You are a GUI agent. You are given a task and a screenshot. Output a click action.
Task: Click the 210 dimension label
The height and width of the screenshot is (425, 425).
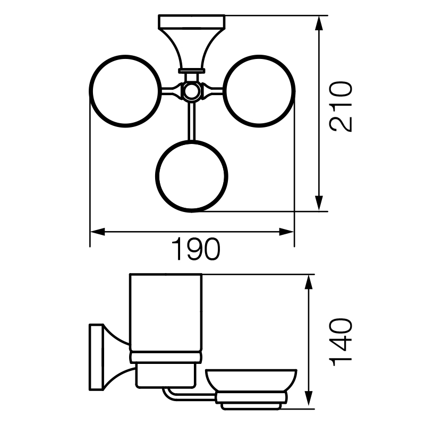(341, 107)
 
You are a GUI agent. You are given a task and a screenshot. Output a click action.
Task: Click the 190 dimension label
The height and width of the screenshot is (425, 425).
(195, 249)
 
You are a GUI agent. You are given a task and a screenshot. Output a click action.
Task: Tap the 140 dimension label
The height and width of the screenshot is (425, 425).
(341, 342)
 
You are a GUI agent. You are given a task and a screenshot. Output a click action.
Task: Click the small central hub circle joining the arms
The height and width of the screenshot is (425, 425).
(191, 91)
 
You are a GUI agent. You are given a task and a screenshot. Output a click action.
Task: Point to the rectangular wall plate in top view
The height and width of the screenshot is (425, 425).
(191, 22)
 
